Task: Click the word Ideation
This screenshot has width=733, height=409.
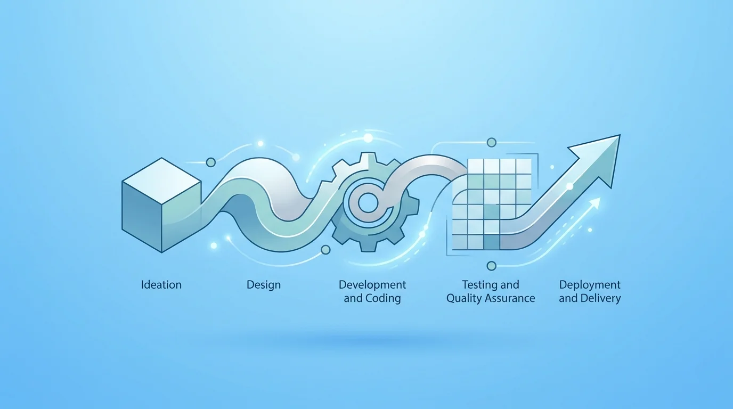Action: click(x=161, y=285)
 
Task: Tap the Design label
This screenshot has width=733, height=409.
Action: click(x=263, y=285)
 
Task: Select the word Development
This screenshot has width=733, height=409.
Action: click(x=372, y=285)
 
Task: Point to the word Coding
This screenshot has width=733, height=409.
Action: click(x=383, y=299)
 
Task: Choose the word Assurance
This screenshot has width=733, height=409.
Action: click(x=510, y=298)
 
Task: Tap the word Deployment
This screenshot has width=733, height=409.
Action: click(x=590, y=285)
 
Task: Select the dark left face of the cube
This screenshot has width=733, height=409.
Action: click(x=142, y=217)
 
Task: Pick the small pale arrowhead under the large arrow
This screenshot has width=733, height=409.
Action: click(x=595, y=203)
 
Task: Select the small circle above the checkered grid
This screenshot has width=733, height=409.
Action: click(x=492, y=142)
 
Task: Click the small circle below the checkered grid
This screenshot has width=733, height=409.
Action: click(x=491, y=266)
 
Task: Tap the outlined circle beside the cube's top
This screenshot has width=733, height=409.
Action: click(x=211, y=162)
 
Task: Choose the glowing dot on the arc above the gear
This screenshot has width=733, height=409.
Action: click(x=368, y=138)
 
